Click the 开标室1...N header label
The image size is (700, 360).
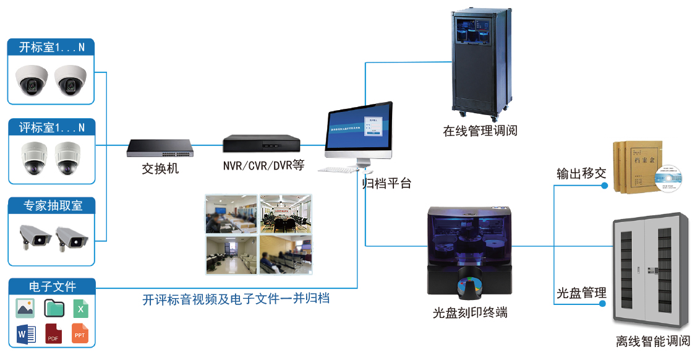pyautogui.click(x=52, y=48)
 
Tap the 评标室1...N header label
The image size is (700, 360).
pyautogui.click(x=52, y=128)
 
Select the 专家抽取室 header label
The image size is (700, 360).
pyautogui.click(x=52, y=206)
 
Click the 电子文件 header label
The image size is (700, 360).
pyautogui.click(x=52, y=286)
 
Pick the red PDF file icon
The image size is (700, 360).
pyautogui.click(x=53, y=334)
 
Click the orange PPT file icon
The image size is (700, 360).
pyautogui.click(x=80, y=334)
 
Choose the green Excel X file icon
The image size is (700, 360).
pyautogui.click(x=80, y=308)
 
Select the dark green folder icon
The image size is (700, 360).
pyautogui.click(x=54, y=308)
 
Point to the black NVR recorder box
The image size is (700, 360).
pyautogui.click(x=262, y=144)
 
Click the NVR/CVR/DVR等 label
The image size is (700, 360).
pyautogui.click(x=263, y=166)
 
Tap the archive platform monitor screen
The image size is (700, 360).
pyautogui.click(x=358, y=131)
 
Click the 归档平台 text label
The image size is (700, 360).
pyautogui.click(x=386, y=184)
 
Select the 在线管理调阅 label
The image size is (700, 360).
pyautogui.click(x=480, y=131)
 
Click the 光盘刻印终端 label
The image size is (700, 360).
pyautogui.click(x=470, y=313)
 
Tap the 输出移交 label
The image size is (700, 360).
pyautogui.click(x=581, y=174)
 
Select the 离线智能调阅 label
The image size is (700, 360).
pyautogui.click(x=652, y=341)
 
